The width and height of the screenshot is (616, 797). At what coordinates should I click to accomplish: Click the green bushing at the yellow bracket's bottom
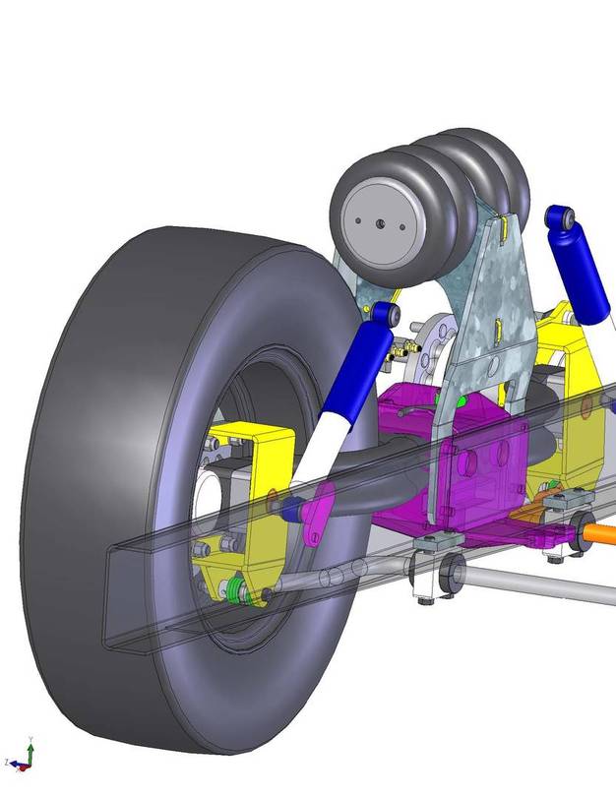pyautogui.click(x=236, y=589)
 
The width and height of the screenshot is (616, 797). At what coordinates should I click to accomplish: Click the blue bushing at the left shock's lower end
pyautogui.click(x=290, y=509)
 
